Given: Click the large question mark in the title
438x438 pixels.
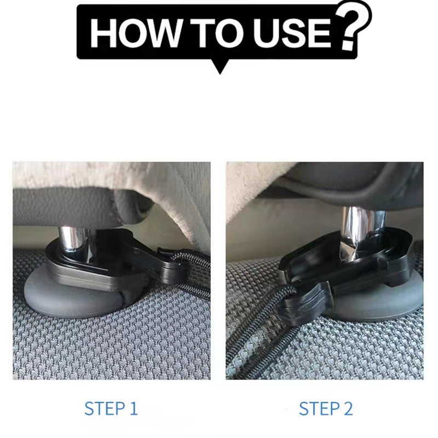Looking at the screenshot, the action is coord(353,26).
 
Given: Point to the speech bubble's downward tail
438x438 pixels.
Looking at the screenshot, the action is coord(220,66).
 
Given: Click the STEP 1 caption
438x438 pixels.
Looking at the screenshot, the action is coord(111,408).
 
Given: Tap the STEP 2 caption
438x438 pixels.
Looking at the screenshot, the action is coord(326,408).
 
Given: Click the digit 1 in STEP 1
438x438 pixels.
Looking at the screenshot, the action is coord(134,408).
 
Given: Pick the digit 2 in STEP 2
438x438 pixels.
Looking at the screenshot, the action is coord(348,408).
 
